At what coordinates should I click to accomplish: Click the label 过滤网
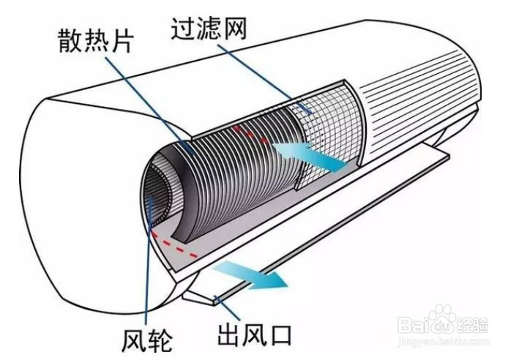(209, 29)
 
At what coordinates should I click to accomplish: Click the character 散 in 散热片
(71, 42)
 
